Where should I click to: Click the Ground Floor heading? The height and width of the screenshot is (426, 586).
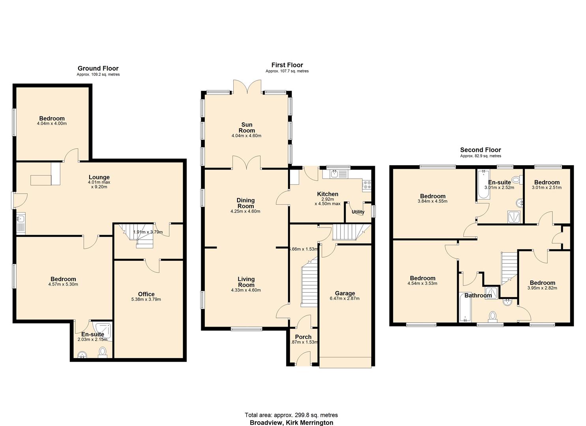[x=98, y=68]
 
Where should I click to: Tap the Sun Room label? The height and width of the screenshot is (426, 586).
[x=247, y=127]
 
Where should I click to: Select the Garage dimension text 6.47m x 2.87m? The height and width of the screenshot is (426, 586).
[x=344, y=299]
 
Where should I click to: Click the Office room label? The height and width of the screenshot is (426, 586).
[x=146, y=294]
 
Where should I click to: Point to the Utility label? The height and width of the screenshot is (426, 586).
[x=358, y=212]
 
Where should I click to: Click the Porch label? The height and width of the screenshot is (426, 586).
[x=303, y=337]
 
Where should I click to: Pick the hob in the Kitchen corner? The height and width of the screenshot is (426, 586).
[x=367, y=183]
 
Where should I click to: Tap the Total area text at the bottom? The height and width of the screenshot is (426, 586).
[x=291, y=415]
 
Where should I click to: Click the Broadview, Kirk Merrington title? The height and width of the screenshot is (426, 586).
[x=291, y=422]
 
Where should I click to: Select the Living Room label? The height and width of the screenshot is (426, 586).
[x=246, y=282]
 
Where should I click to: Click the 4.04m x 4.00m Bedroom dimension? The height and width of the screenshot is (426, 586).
[x=52, y=123]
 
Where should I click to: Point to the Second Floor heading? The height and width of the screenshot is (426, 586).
[x=480, y=150]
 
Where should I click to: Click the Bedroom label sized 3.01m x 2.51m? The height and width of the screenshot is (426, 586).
[x=547, y=182]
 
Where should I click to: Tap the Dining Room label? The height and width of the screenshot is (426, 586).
[x=245, y=203]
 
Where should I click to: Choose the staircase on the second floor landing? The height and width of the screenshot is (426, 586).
[x=509, y=268]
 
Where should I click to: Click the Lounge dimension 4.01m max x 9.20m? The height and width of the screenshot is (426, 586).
[x=99, y=184]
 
